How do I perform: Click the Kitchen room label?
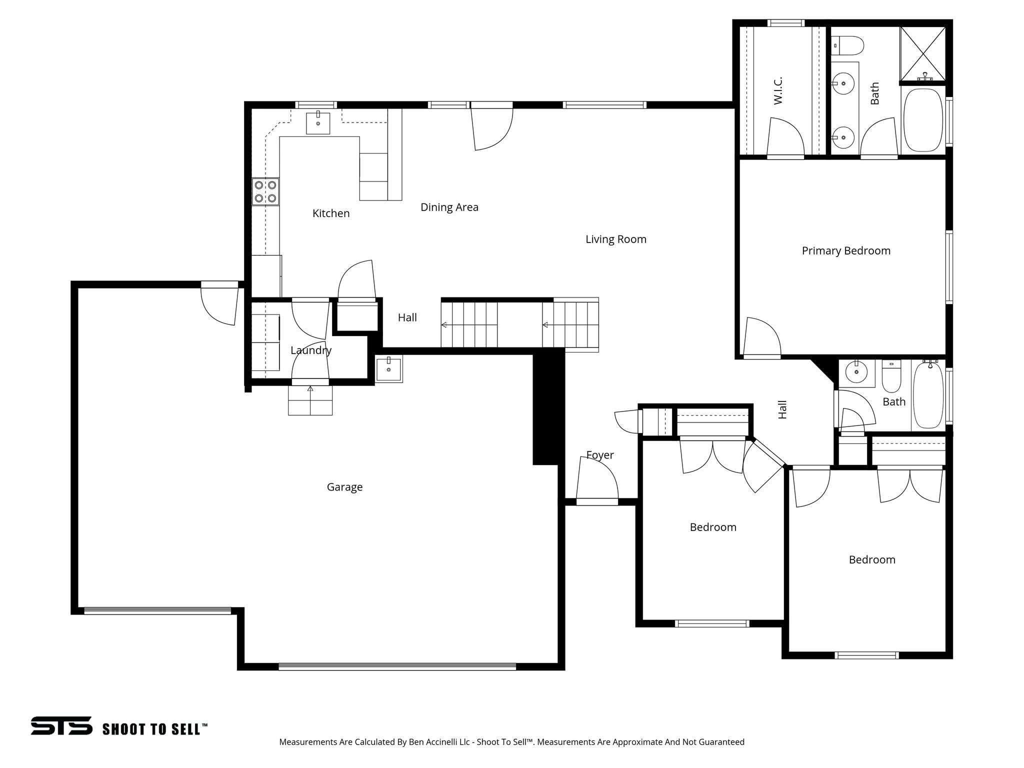[330, 213]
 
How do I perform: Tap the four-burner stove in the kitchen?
[265, 191]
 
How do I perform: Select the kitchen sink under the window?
[318, 123]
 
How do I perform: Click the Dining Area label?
[449, 207]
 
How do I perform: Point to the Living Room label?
[615, 239]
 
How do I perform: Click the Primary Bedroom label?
[845, 250]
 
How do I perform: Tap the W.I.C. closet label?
[777, 90]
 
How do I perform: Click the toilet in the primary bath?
[849, 45]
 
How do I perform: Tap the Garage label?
[344, 486]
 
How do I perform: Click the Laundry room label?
[310, 350]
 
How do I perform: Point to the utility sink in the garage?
[388, 369]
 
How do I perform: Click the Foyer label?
[599, 455]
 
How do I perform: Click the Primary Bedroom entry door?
[761, 339]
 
